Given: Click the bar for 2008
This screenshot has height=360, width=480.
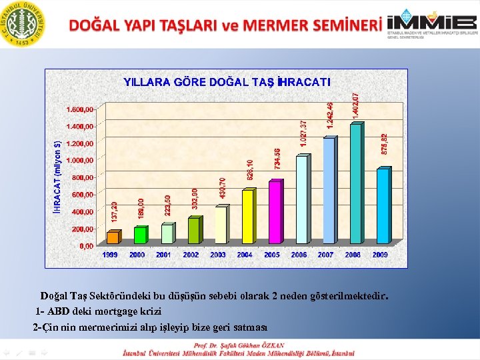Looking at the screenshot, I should pos(355,184).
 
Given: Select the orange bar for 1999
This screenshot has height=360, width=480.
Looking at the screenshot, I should pos(113,237).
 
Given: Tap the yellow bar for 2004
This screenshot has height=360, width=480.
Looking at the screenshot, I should pos(247,217).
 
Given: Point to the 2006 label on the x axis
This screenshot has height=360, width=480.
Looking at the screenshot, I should pos(299,255).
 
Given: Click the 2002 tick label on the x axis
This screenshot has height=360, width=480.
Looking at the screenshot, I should pos(191,255).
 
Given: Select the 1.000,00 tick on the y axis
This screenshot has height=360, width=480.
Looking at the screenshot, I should pos(80,160).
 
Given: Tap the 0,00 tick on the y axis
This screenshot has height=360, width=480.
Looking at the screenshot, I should pos(87,246).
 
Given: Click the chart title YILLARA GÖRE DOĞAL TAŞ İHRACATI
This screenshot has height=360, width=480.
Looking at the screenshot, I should pos(227,82).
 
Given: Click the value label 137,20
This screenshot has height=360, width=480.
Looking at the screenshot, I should pos(114,213).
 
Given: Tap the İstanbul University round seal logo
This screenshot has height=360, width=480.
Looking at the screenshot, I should pos(24,25).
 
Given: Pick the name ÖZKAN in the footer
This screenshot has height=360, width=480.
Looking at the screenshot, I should pos(271,345).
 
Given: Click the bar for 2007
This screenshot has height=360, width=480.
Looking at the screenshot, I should pos(328,191).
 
